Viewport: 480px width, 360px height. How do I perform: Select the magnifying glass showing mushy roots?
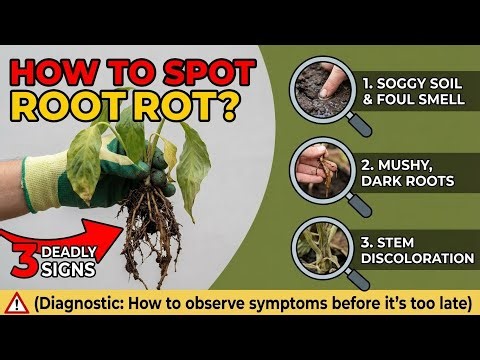click(323, 168)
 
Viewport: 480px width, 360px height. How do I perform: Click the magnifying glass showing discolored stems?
click(323, 246)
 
